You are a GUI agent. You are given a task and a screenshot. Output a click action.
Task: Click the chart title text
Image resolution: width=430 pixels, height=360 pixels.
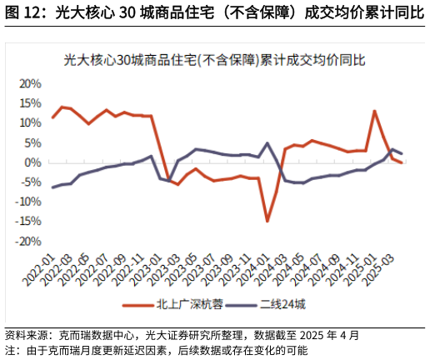click(x=215, y=60)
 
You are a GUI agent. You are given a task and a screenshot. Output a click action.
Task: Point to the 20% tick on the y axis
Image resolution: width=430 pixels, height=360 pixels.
click(x=30, y=84)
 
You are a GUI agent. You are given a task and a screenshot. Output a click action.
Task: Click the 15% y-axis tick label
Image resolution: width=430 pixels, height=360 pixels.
click(x=30, y=103)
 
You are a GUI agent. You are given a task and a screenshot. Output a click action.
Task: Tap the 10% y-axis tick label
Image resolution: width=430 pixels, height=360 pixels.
click(x=30, y=123)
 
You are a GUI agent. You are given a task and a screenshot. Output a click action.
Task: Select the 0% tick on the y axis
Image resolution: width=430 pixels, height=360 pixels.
click(x=33, y=162)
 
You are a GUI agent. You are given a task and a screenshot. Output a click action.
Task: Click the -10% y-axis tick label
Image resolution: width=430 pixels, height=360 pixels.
click(x=28, y=202)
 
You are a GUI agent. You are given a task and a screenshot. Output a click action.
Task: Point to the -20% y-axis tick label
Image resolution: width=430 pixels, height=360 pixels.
click(x=28, y=241)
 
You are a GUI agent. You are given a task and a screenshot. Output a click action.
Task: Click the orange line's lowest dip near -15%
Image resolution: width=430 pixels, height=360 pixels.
click(x=267, y=221)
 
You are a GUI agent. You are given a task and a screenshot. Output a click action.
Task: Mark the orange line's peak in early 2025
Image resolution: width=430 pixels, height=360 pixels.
click(x=374, y=111)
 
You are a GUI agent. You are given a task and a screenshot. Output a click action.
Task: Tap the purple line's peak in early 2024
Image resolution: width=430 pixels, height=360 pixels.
click(x=267, y=143)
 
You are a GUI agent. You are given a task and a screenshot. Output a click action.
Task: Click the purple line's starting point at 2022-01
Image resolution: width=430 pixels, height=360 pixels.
click(x=52, y=187)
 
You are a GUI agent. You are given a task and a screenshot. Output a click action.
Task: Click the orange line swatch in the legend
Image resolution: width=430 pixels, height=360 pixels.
click(x=139, y=305)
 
